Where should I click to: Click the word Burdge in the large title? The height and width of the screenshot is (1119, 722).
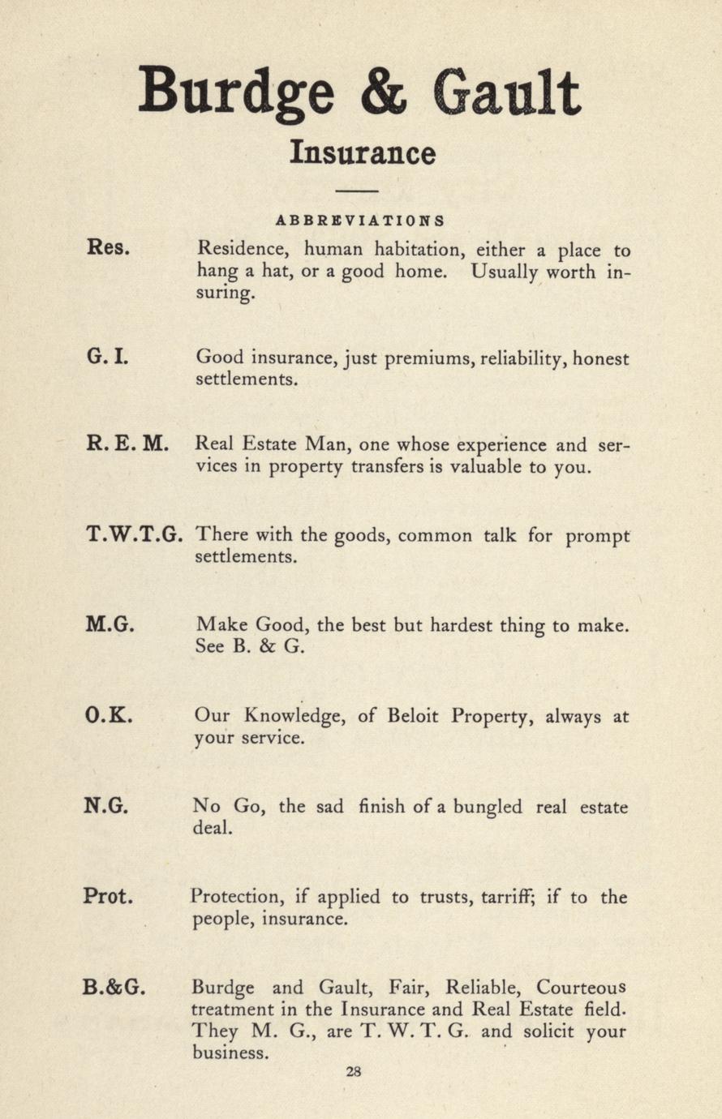coord(235,91)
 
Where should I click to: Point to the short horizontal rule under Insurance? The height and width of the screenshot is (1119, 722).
coord(357,191)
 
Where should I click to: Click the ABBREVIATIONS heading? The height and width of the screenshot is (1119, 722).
coord(359,220)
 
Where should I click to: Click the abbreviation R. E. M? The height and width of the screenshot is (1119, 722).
coord(127,444)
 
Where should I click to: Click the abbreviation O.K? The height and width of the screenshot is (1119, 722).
coord(108,716)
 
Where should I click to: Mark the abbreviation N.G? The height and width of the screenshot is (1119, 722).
coord(106,806)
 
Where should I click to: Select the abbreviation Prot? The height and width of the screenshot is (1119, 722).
coord(108,897)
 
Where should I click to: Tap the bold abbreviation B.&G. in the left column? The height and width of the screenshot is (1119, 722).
coord(114,988)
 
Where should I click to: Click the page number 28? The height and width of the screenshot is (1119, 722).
coord(353,1070)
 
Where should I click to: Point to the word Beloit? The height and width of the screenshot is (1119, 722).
coord(415,717)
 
